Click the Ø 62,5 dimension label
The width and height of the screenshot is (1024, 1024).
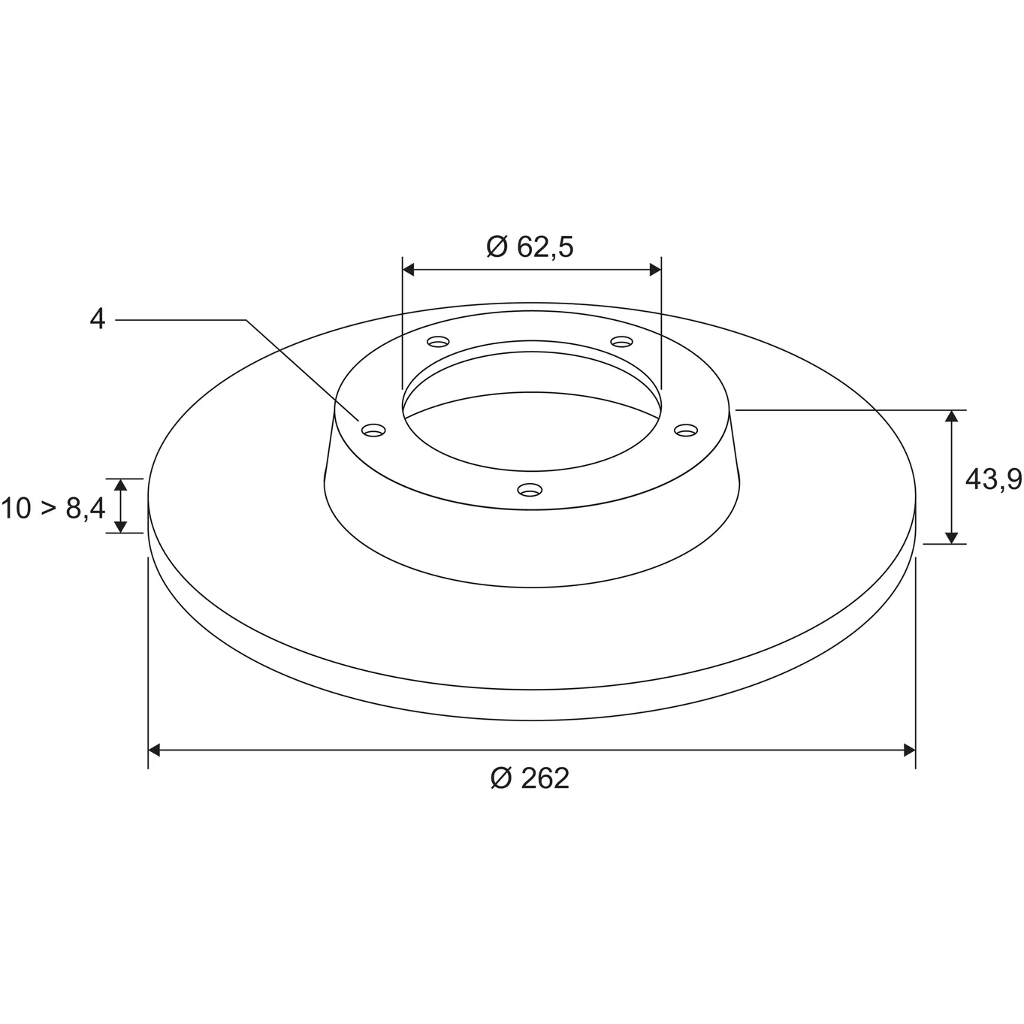pos(530,247)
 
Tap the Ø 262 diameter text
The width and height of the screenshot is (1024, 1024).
pos(530,779)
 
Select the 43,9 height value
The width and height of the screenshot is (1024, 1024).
pos(993,480)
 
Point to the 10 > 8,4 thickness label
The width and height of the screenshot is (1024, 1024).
pos(53,509)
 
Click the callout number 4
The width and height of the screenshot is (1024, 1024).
pos(97,319)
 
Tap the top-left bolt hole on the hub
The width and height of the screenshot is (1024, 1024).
pos(438,341)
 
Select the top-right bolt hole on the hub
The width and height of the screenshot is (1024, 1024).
pos(621,341)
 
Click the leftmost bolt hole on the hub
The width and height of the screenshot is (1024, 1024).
pos(373,430)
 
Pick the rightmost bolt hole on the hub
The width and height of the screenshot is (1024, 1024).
pos(686,430)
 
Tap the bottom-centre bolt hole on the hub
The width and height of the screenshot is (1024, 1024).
pos(530,489)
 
